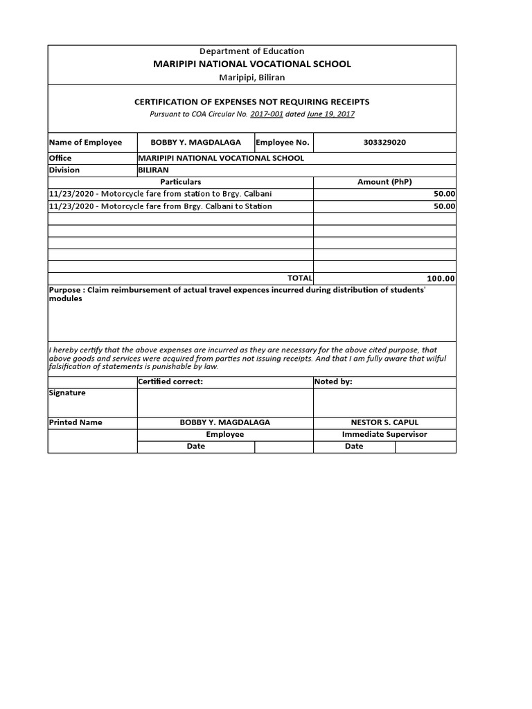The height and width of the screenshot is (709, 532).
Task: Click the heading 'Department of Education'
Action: pyautogui.click(x=251, y=51)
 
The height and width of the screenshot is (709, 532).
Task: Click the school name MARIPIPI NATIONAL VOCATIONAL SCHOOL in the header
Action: pyautogui.click(x=251, y=64)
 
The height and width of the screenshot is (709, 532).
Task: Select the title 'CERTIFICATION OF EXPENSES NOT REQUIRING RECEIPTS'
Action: pyautogui.click(x=251, y=102)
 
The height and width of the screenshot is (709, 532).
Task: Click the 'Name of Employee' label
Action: pyautogui.click(x=85, y=143)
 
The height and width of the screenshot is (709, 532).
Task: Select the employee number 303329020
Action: pyautogui.click(x=384, y=143)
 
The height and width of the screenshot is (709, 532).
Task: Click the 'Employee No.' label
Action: pyautogui.click(x=283, y=143)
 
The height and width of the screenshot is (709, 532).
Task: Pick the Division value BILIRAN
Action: pyautogui.click(x=154, y=170)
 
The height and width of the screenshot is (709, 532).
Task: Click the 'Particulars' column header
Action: pyautogui.click(x=180, y=181)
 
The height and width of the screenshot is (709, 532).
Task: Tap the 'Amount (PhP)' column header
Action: pyautogui.click(x=384, y=181)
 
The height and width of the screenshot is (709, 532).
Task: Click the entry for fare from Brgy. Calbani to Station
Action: pyautogui.click(x=160, y=206)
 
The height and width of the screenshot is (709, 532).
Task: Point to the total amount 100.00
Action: pyautogui.click(x=441, y=278)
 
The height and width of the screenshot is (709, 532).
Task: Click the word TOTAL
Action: pyautogui.click(x=295, y=278)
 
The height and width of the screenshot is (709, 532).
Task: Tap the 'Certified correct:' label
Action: pyautogui.click(x=170, y=382)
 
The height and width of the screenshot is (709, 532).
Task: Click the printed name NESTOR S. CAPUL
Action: pyautogui.click(x=384, y=422)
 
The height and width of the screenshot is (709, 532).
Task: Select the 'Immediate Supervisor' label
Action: pyautogui.click(x=384, y=435)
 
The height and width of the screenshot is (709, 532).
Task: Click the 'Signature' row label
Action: pyautogui.click(x=67, y=393)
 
